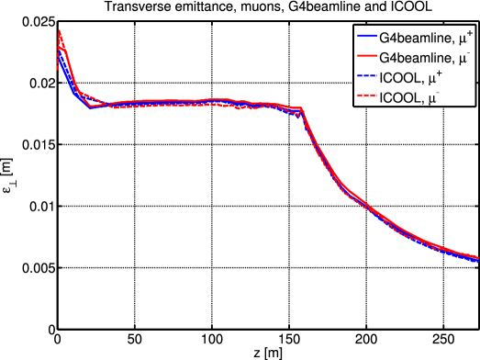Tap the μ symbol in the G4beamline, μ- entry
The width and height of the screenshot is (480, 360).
(x=463, y=60)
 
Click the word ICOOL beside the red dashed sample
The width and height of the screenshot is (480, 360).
(x=401, y=97)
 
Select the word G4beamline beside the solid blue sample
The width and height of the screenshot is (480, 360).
(x=413, y=39)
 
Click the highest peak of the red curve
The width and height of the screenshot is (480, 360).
(x=59, y=30)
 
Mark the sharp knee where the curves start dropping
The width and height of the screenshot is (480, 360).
(x=302, y=110)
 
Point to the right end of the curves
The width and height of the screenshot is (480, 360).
(x=477, y=258)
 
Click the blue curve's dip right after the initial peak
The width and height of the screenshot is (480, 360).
(x=90, y=107)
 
